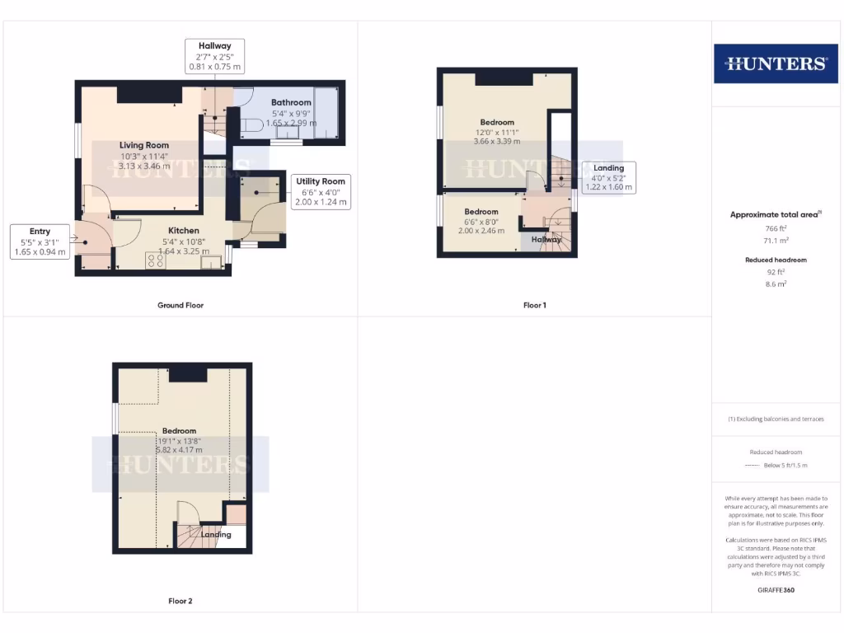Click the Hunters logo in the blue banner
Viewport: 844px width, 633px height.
[775, 63]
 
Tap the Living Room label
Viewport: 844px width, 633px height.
[143, 146]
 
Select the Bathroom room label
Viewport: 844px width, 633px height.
[291, 103]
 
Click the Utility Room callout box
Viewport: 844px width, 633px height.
[321, 191]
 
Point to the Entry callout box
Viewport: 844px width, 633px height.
[39, 242]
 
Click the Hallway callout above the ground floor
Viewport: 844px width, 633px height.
[214, 56]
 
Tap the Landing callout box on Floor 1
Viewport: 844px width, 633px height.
[608, 177]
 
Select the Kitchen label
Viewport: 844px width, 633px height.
[184, 231]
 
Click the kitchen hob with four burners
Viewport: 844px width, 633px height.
[155, 260]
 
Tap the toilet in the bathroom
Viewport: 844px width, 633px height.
[251, 125]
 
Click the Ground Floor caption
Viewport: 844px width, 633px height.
[181, 305]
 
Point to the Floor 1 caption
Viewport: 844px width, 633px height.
[534, 305]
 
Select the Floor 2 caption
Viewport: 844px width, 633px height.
[181, 601]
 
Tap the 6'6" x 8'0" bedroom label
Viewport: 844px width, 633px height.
[481, 212]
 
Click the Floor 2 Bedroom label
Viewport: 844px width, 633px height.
[179, 431]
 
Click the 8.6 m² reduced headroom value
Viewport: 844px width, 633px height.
[775, 284]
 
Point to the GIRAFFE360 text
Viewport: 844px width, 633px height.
[775, 590]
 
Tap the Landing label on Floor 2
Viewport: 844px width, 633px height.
[216, 534]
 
